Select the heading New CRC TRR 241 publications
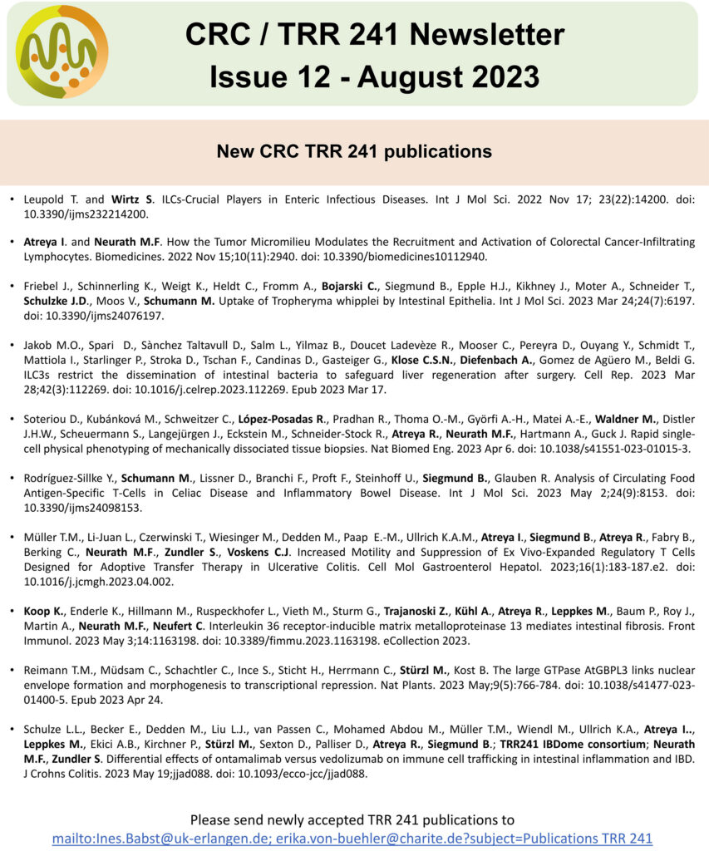tap(354, 151)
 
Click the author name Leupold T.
tap(52, 199)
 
